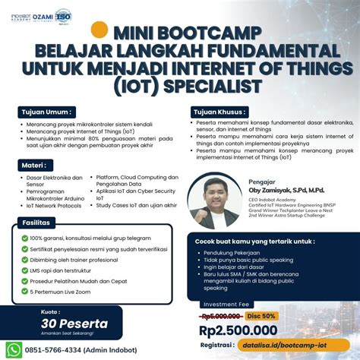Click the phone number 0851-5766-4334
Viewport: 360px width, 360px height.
56,350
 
